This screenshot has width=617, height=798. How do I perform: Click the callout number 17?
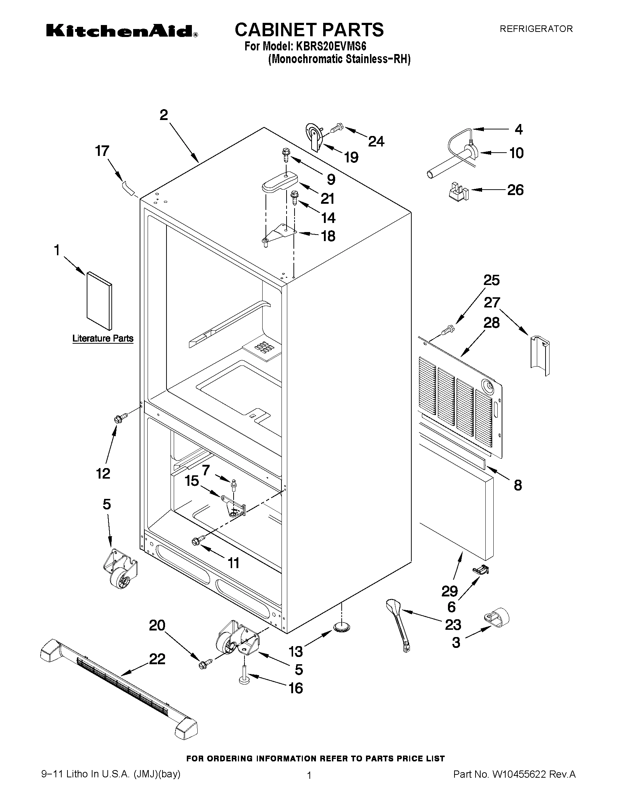[102, 150]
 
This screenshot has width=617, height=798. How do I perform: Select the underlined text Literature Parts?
[103, 338]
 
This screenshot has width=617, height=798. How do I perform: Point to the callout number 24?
[376, 141]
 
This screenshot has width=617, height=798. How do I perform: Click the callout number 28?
[491, 323]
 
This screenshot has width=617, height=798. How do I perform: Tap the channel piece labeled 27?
[539, 356]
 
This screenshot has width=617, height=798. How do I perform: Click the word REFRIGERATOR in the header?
[536, 29]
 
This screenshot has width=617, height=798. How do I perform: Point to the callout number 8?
[518, 485]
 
